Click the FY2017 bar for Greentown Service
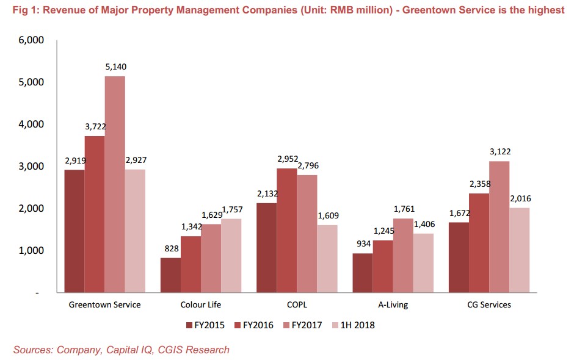(115, 184)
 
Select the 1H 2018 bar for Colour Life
(231, 256)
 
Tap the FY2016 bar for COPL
(287, 231)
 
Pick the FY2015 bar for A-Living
(362, 273)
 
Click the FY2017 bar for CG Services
(499, 227)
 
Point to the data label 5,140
(115, 67)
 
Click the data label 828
(171, 248)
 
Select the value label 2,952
(287, 159)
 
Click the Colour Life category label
(201, 304)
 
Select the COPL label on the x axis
(297, 304)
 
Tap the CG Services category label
(489, 304)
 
